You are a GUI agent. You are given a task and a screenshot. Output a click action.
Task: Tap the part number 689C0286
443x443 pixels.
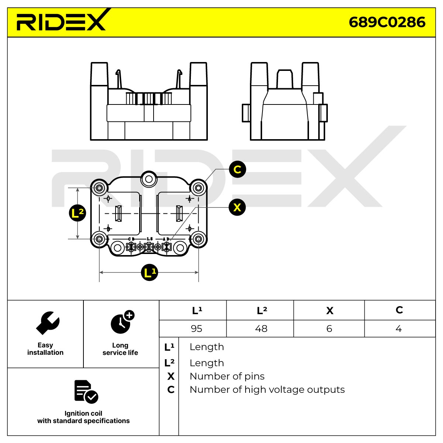pyautogui.click(x=387, y=23)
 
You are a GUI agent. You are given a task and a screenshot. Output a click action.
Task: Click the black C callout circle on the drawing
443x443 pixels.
pyautogui.click(x=237, y=169)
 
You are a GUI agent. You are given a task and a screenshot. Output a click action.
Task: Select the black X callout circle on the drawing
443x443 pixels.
pyautogui.click(x=237, y=207)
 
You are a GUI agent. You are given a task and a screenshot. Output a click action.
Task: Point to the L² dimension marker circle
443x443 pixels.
pyautogui.click(x=78, y=213)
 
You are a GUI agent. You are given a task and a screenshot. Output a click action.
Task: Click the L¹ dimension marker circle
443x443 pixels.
pyautogui.click(x=150, y=272)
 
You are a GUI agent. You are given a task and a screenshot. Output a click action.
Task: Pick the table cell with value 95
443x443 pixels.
pyautogui.click(x=196, y=329)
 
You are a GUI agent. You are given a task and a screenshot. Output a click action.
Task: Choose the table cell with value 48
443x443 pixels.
pyautogui.click(x=261, y=329)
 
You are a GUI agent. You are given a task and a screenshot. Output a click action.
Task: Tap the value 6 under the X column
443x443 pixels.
pyautogui.click(x=329, y=329)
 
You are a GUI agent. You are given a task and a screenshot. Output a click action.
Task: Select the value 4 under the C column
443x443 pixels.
pyautogui.click(x=399, y=329)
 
